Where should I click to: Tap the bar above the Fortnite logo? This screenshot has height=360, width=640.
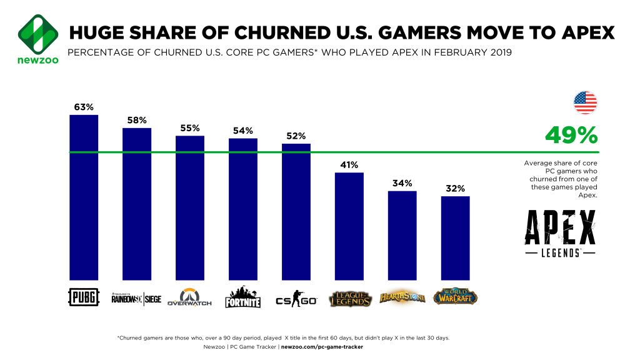click(243, 209)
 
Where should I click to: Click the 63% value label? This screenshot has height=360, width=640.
click(84, 107)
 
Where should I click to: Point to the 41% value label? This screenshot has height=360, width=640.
click(349, 165)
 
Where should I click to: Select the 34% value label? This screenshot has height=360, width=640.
click(402, 183)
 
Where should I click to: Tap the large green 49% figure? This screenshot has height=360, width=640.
click(571, 134)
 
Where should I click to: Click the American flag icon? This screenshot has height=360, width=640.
click(585, 102)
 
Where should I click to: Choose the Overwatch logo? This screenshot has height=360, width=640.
click(190, 297)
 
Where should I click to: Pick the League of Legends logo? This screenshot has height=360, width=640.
click(350, 297)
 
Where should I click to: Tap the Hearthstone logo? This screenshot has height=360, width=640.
click(402, 297)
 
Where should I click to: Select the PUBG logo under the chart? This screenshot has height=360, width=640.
click(83, 297)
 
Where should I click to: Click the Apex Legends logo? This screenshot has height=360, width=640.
click(559, 234)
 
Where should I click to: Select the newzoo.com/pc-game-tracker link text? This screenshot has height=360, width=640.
click(321, 346)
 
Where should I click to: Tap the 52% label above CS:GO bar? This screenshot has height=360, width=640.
click(296, 136)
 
